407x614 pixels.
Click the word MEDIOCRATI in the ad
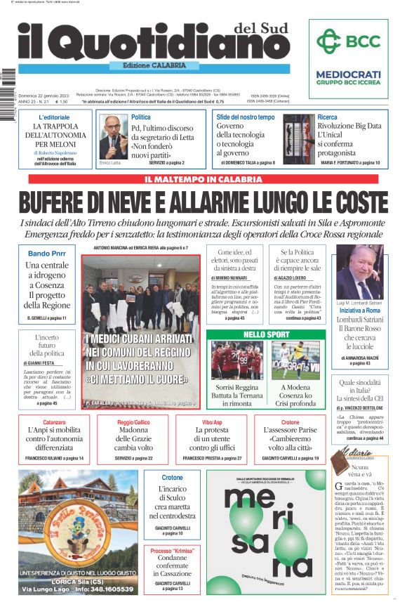coord(348,74)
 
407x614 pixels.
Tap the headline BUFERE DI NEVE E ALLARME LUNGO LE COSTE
coord(203,202)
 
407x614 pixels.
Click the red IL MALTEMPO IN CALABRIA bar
coord(203,179)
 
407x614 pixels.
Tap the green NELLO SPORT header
coord(266,334)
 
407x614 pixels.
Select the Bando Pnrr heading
coord(47,254)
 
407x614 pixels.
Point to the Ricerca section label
coord(327,117)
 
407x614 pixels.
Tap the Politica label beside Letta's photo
coord(140,117)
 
